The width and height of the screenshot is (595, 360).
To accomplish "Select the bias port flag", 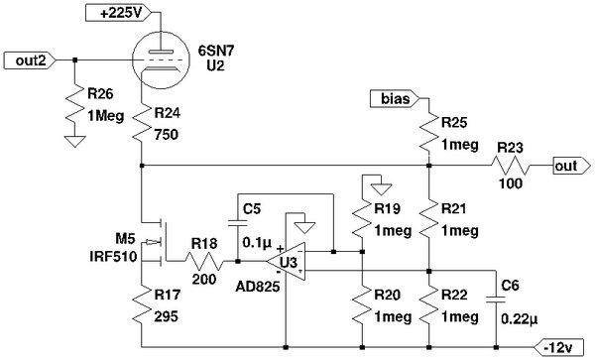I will (x=394, y=98).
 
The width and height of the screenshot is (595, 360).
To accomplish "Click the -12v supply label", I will (x=560, y=347).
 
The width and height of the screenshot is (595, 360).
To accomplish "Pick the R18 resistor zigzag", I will (x=204, y=263).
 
